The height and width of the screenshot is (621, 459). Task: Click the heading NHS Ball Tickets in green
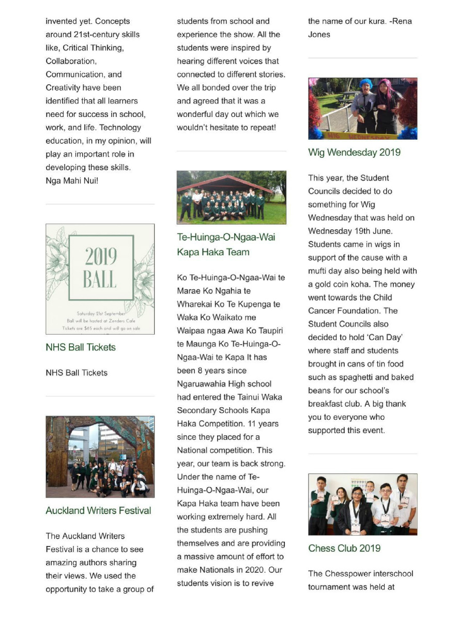(x=81, y=347)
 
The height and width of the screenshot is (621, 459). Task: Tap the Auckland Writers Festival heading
(x=98, y=511)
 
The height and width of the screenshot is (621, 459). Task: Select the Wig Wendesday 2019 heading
(x=354, y=153)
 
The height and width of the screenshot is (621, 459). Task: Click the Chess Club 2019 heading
(x=344, y=549)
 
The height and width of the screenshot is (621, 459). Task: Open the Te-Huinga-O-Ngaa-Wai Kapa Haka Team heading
(x=226, y=245)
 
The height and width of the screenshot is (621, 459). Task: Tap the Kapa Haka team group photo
(x=231, y=197)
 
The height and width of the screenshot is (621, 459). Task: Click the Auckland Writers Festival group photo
(x=100, y=457)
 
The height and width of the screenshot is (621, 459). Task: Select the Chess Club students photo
(x=362, y=504)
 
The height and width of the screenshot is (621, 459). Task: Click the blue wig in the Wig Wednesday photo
(x=366, y=84)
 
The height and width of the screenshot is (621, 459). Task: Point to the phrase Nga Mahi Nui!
(x=72, y=181)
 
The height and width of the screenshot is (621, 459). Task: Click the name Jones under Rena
(x=319, y=35)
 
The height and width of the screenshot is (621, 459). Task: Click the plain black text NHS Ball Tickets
(x=76, y=373)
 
